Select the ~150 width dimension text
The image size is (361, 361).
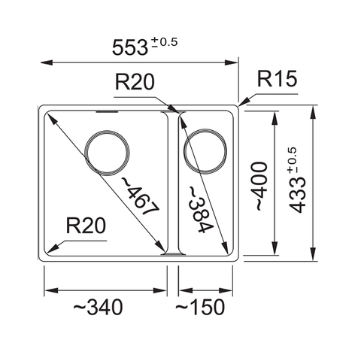[201, 308]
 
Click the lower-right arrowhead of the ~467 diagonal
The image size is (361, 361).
[163, 250]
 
